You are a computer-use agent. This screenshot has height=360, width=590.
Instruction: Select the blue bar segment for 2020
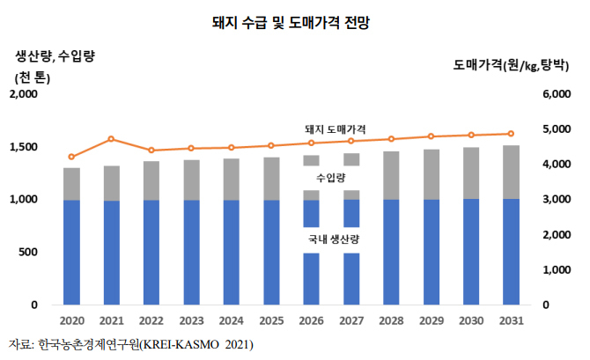tap(71, 252)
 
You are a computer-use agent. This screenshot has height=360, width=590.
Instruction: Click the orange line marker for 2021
tap(112, 139)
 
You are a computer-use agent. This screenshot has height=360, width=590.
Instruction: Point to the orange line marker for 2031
tap(511, 134)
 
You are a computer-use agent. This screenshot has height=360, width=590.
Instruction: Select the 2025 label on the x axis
tap(271, 320)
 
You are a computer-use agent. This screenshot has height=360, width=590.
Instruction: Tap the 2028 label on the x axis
tap(391, 320)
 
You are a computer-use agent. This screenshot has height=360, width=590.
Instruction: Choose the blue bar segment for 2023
tap(191, 252)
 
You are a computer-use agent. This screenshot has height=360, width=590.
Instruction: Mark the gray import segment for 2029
tap(431, 174)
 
